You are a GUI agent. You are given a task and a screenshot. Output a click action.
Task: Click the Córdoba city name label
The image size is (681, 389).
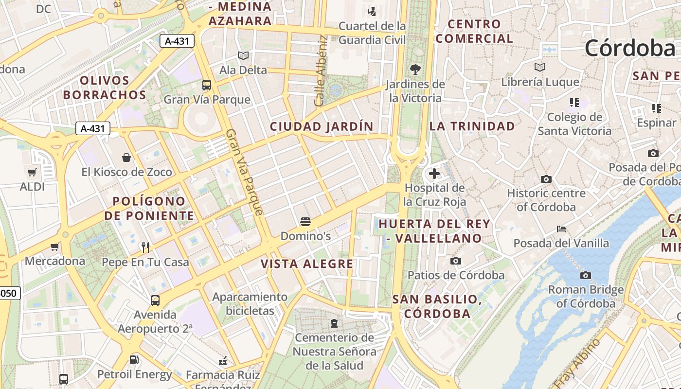630,48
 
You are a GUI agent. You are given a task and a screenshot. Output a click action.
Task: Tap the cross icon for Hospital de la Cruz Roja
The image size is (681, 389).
434,173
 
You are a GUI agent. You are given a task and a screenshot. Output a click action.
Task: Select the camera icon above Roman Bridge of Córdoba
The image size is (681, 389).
586,276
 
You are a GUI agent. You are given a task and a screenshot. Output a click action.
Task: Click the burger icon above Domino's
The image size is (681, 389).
305,222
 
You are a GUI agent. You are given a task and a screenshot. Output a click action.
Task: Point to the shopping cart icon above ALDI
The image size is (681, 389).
32,172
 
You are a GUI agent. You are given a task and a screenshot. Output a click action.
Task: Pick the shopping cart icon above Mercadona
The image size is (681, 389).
55,247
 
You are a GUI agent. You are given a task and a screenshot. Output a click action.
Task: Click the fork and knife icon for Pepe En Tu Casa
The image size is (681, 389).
145,248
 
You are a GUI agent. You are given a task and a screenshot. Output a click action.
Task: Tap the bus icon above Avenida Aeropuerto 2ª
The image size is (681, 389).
155,301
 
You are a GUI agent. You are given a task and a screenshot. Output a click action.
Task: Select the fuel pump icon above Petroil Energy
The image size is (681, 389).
134,360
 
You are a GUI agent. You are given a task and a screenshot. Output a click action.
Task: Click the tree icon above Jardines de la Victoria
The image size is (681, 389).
415,69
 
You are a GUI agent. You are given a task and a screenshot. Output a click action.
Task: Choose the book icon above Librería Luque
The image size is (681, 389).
539,67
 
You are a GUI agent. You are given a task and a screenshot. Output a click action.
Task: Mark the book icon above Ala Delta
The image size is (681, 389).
243,55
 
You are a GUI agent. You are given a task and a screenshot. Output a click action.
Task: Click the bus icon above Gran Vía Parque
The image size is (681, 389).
207,85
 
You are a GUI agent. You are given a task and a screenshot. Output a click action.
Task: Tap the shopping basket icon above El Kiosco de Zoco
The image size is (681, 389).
126,158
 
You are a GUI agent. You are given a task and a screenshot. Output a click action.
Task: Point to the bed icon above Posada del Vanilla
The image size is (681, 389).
561,229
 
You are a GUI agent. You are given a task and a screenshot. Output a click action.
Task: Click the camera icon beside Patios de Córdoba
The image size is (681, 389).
456,261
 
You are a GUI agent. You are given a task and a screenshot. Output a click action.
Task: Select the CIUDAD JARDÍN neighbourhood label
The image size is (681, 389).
322,127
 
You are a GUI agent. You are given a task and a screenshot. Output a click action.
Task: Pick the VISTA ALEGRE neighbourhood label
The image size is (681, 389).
307,264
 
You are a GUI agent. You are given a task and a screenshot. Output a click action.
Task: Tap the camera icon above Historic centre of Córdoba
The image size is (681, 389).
546,179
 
